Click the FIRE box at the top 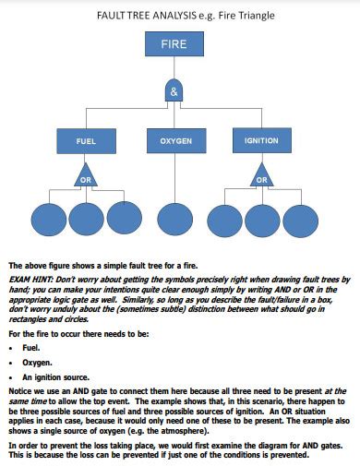click(174, 45)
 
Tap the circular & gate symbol click(174, 90)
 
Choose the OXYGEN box click(174, 141)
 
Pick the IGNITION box click(260, 141)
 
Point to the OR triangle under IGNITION click(260, 176)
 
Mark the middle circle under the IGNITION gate click(261, 221)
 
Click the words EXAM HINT click(28, 278)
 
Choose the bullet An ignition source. click(55, 377)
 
